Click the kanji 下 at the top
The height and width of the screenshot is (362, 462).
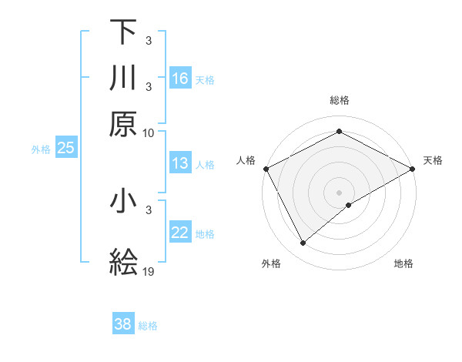click(123, 32)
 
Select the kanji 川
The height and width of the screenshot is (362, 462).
click(123, 78)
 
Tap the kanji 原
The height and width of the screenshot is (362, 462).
click(123, 124)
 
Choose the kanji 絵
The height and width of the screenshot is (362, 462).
click(123, 263)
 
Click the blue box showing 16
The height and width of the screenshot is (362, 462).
click(180, 78)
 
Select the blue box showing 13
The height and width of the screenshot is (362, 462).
click(180, 163)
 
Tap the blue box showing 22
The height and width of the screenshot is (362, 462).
click(180, 233)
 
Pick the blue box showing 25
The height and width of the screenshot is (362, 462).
click(65, 148)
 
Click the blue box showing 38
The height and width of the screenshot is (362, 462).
click(123, 324)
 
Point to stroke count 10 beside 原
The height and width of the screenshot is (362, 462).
click(149, 132)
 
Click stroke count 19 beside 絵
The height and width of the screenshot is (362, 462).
click(149, 272)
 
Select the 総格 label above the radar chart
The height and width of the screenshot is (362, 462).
click(340, 100)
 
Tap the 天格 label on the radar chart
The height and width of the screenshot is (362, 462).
click(434, 160)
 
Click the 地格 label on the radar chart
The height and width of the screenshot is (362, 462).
click(403, 263)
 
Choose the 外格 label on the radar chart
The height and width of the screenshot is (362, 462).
click(271, 263)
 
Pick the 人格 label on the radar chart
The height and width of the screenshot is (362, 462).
click(246, 160)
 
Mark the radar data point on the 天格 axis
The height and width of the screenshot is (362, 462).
click(413, 168)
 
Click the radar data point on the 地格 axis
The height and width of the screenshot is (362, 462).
click(349, 205)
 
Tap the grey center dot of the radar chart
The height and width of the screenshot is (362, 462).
click(340, 192)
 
